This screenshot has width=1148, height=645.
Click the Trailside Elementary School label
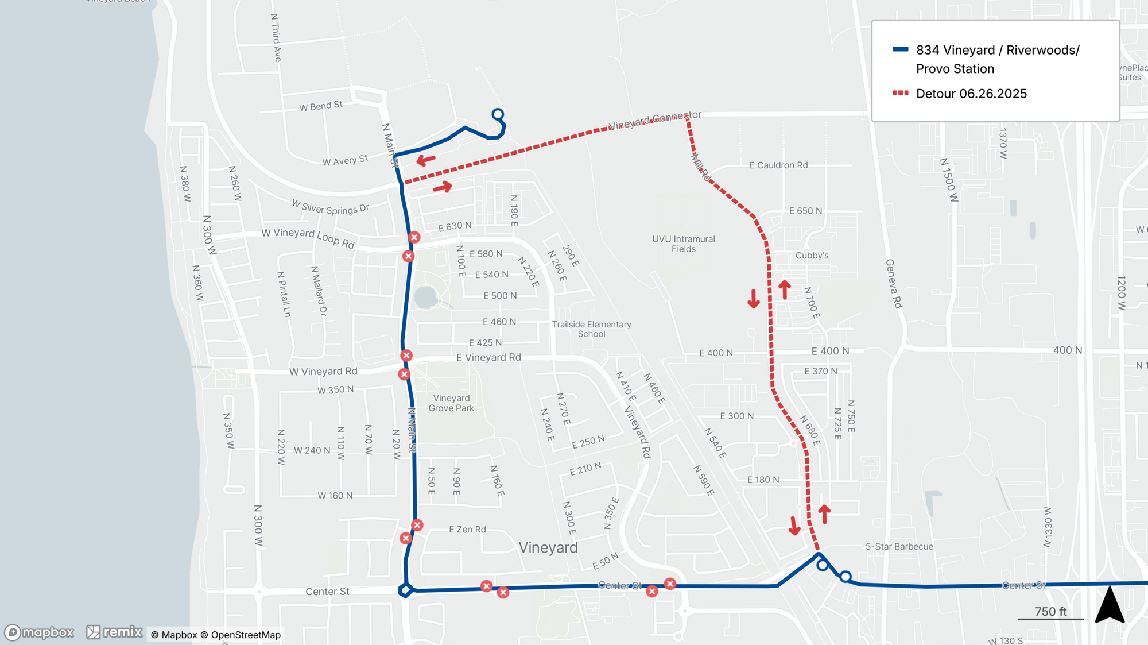pos(591,329)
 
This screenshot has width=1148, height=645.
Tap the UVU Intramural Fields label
pos(683,244)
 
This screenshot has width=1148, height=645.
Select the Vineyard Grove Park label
pos(451,403)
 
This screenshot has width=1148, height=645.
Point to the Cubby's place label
pos(812,256)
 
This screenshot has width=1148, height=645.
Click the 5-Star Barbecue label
pos(899,547)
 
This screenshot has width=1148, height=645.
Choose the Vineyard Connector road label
pos(654,119)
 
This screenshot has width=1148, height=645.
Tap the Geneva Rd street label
pos(894,284)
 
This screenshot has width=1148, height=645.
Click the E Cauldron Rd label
pos(778,165)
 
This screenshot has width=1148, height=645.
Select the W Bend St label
pos(321,106)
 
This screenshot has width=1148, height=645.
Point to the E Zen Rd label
pos(467,530)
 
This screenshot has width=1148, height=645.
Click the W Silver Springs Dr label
pos(330,207)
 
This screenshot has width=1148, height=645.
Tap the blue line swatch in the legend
pos(900,50)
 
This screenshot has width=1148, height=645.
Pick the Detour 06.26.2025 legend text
pos(971,94)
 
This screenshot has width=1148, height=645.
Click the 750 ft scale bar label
pos(1050,612)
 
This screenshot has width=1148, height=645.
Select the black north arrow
pos(1110,606)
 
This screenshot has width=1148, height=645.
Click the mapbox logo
pos(39,632)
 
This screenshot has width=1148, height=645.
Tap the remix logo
pos(114,632)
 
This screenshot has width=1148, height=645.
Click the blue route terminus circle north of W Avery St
pos(498,114)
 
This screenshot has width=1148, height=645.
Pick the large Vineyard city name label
pos(548,547)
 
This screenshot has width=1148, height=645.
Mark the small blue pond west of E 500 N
pos(425,298)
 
